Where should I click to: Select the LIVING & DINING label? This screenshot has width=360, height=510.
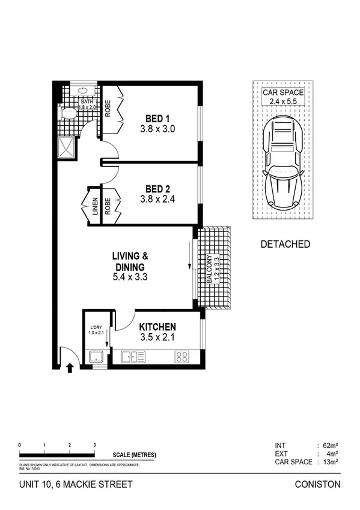pos(130,262)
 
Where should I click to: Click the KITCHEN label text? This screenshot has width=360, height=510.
pos(157,326)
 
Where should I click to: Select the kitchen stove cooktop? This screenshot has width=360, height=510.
pos(182,356)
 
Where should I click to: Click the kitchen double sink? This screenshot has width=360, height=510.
pos(133,357)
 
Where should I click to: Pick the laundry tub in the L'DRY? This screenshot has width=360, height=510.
pos(96,357)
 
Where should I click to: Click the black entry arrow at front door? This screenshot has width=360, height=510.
pos(70,367)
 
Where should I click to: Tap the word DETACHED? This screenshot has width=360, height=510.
pos(285,244)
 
